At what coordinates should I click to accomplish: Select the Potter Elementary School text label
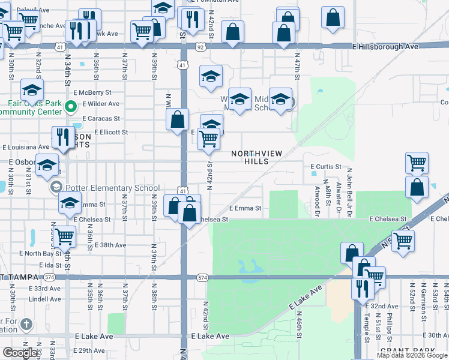click(113, 188)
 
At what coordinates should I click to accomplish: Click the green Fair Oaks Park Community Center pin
click(70, 108)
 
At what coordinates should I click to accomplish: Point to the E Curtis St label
click(326, 166)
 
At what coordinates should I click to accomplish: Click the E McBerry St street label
click(92, 92)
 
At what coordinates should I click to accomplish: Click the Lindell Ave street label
click(44, 299)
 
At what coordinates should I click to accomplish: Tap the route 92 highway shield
click(200, 46)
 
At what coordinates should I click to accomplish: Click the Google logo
click(20, 353)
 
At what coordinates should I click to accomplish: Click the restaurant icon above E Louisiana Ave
click(62, 138)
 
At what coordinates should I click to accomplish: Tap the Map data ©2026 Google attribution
click(412, 355)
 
